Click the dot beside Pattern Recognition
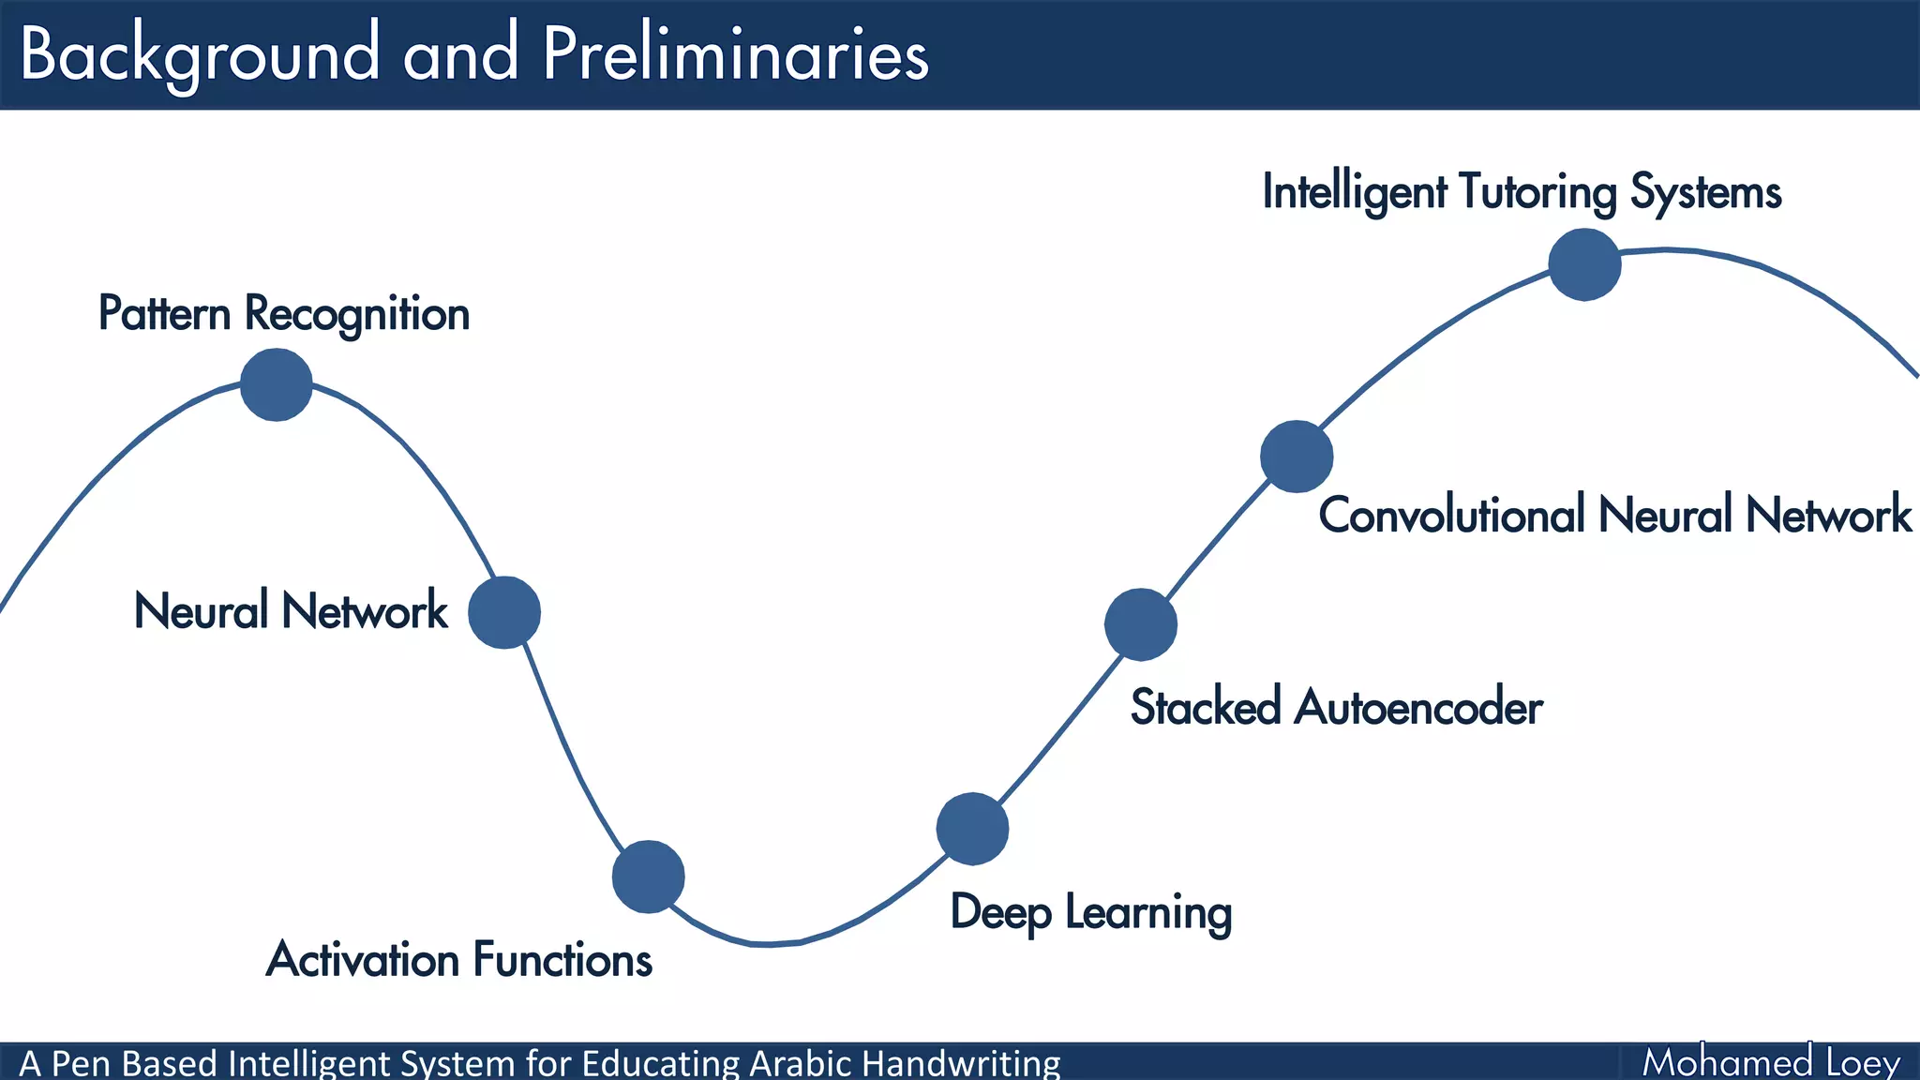276,384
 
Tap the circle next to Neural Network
504,612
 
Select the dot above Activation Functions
648,877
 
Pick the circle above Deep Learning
972,829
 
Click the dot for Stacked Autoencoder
1140,624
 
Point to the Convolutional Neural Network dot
1297,457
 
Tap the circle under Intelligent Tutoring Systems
1584,264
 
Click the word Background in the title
200,54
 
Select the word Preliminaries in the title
735,54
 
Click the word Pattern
164,313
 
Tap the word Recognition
357,313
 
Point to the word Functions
562,960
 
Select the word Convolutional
1451,516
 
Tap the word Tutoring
1537,192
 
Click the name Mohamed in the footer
1727,1062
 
